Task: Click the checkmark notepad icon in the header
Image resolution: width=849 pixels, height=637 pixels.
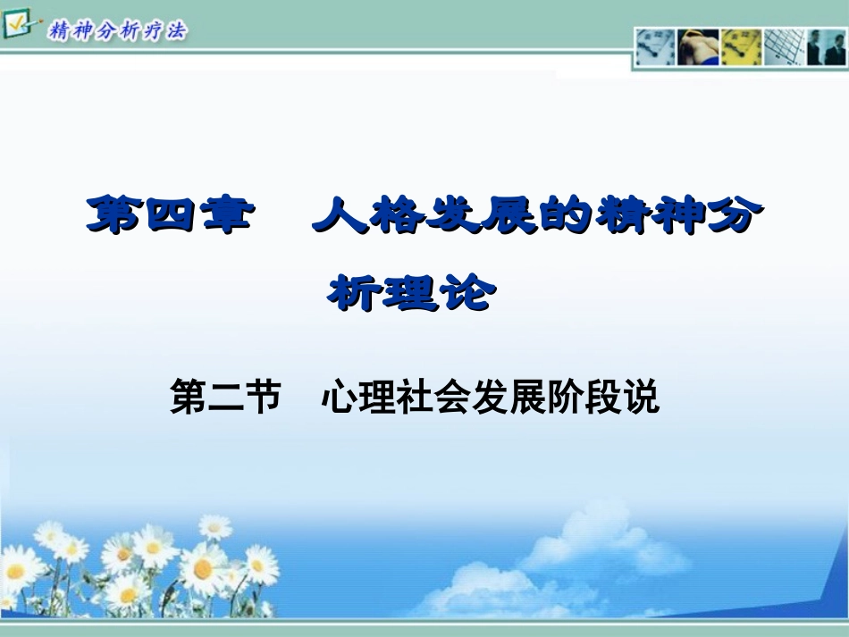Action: (x=18, y=24)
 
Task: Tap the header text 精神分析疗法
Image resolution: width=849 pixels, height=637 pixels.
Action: (x=118, y=31)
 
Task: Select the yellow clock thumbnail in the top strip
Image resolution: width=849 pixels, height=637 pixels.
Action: (x=741, y=47)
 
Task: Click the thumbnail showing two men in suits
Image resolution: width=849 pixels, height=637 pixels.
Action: (x=826, y=47)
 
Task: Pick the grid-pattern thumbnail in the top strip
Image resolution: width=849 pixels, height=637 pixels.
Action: (x=784, y=47)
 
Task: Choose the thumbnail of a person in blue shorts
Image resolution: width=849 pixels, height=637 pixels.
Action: (x=698, y=47)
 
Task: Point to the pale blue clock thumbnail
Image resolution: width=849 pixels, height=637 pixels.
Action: (x=655, y=47)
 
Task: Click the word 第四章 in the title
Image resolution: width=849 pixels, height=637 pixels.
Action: (x=167, y=217)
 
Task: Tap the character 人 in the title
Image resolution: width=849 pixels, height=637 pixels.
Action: (x=340, y=217)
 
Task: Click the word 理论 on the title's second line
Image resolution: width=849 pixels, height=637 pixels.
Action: (x=438, y=292)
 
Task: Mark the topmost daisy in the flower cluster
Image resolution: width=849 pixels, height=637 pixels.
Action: (x=215, y=526)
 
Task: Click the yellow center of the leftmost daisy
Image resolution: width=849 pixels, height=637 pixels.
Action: (x=15, y=572)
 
